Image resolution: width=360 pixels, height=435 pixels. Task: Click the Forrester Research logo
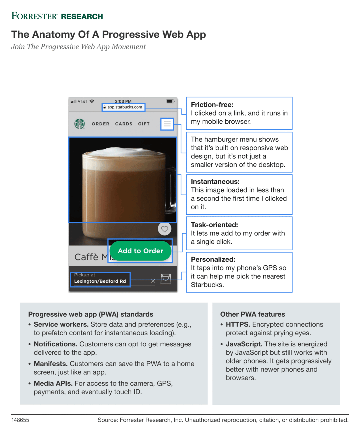[57, 16]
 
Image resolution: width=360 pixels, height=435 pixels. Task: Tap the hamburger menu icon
[167, 124]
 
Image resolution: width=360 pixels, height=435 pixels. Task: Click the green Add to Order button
[141, 251]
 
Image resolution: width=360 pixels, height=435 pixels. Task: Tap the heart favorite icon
[164, 229]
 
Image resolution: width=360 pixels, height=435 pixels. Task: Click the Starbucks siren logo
[80, 124]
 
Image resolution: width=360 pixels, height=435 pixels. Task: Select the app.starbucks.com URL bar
[124, 107]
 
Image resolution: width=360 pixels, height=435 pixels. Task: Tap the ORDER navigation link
[100, 124]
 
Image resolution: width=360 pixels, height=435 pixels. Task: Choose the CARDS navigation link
[124, 124]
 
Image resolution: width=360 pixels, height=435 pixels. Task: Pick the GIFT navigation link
[144, 124]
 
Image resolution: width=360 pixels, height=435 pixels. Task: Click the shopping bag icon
[166, 279]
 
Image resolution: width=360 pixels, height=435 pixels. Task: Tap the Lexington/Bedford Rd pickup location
[100, 281]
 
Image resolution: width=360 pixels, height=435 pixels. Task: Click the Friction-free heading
[212, 105]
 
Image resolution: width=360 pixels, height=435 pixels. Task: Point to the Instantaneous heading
[215, 182]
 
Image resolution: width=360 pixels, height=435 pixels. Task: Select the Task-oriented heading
[214, 225]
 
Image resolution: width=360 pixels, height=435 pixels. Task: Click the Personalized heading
[213, 259]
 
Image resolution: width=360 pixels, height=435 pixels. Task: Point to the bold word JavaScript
[244, 344]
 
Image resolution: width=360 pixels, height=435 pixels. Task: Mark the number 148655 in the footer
[20, 420]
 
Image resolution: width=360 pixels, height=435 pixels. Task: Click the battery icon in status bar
[170, 101]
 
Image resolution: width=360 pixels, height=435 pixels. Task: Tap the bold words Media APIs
[53, 383]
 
